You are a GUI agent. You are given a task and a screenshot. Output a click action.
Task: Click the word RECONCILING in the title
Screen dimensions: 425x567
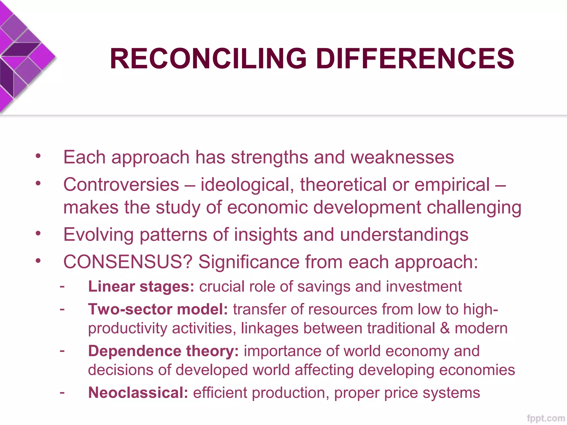point(208,59)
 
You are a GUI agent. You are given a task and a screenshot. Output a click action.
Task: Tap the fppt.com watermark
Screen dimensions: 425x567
point(546,418)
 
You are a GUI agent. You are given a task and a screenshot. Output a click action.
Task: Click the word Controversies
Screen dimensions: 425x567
point(121,185)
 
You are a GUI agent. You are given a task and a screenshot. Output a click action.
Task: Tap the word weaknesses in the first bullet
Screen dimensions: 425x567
point(402,157)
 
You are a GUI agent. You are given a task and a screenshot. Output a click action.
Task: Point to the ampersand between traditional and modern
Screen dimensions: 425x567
point(445,328)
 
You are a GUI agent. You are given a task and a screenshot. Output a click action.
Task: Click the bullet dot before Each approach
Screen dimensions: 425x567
point(38,156)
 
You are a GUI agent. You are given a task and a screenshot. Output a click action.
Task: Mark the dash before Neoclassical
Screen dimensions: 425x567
point(62,392)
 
